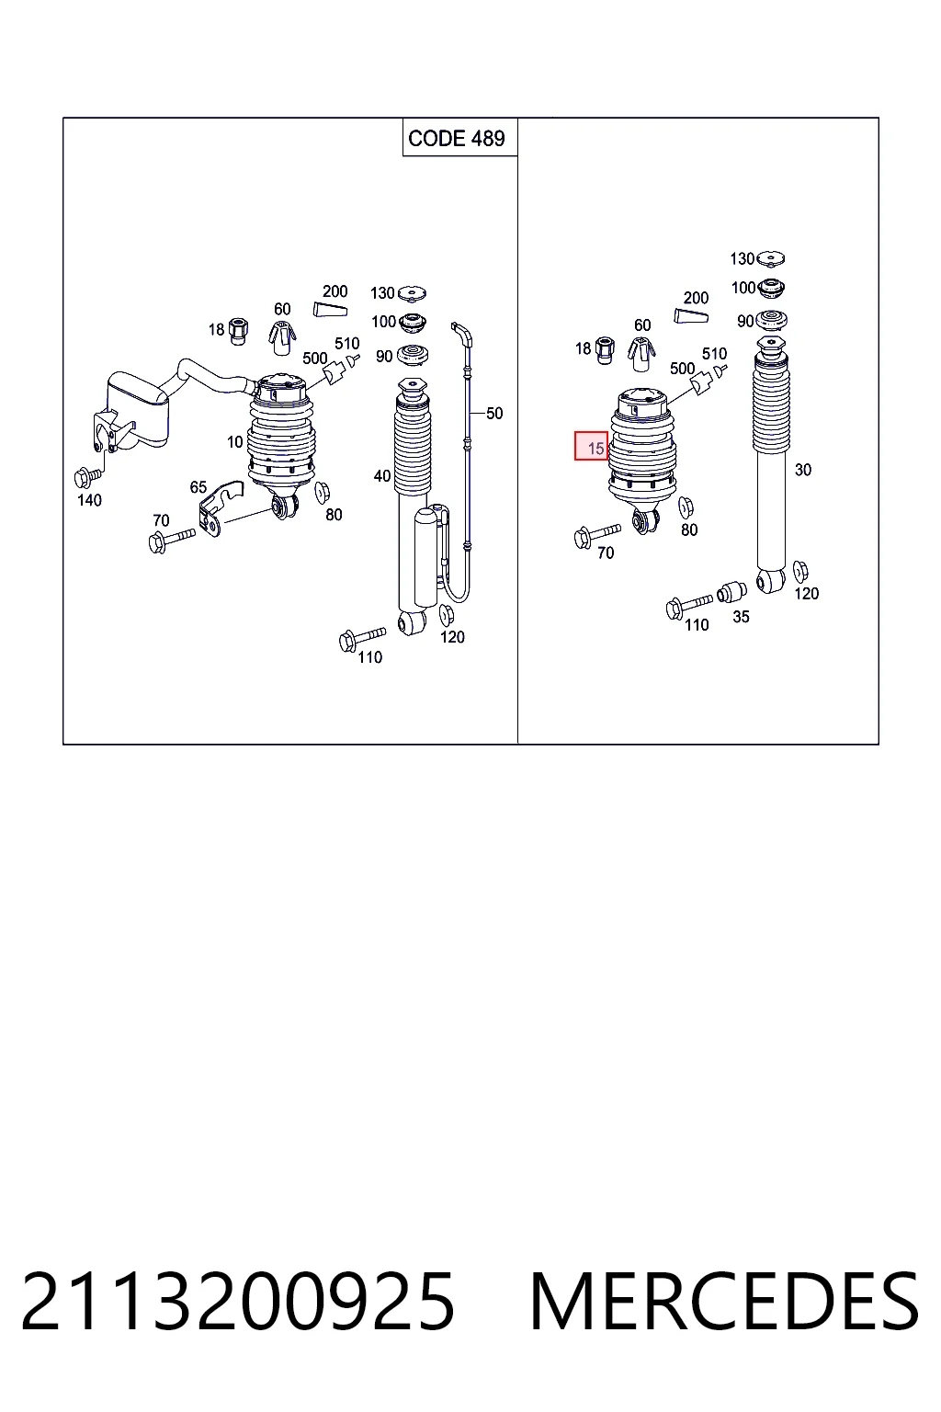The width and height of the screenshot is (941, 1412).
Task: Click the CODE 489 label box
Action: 459,137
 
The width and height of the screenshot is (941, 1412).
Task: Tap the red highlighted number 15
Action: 595,449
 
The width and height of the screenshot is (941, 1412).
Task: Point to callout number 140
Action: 89,500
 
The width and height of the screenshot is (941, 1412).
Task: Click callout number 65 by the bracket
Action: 198,486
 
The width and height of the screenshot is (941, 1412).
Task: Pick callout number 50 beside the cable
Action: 494,414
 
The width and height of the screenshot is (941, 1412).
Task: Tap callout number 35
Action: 741,617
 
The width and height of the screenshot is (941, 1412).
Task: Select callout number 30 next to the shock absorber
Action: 802,470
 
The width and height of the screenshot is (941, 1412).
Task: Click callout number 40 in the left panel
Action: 382,476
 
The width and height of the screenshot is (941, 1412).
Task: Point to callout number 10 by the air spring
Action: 235,442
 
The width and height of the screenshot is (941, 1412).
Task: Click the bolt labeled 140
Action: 87,477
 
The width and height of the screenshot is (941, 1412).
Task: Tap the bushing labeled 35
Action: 731,592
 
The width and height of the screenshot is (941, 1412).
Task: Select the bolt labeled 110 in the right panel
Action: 688,605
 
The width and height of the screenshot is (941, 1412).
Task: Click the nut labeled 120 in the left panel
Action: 447,615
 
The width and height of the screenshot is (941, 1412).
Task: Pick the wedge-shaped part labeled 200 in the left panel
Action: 330,310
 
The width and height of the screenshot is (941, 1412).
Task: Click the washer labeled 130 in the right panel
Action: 770,258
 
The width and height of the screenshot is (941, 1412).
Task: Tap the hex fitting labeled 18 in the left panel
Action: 239,331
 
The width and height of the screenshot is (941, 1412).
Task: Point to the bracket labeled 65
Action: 219,508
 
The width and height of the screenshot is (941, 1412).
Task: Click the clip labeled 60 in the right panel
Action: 641,355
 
